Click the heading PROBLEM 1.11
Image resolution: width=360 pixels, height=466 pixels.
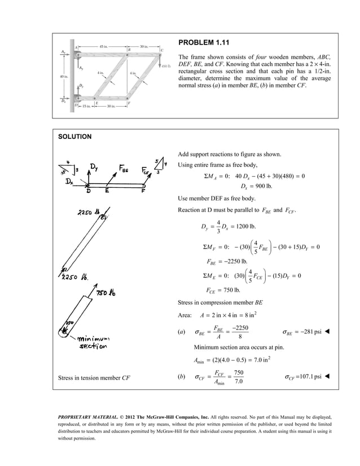pyautogui.click(x=203, y=42)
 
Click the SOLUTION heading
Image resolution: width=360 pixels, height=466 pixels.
pyautogui.click(x=77, y=137)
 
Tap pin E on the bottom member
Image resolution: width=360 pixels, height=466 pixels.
pyautogui.click(x=96, y=99)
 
